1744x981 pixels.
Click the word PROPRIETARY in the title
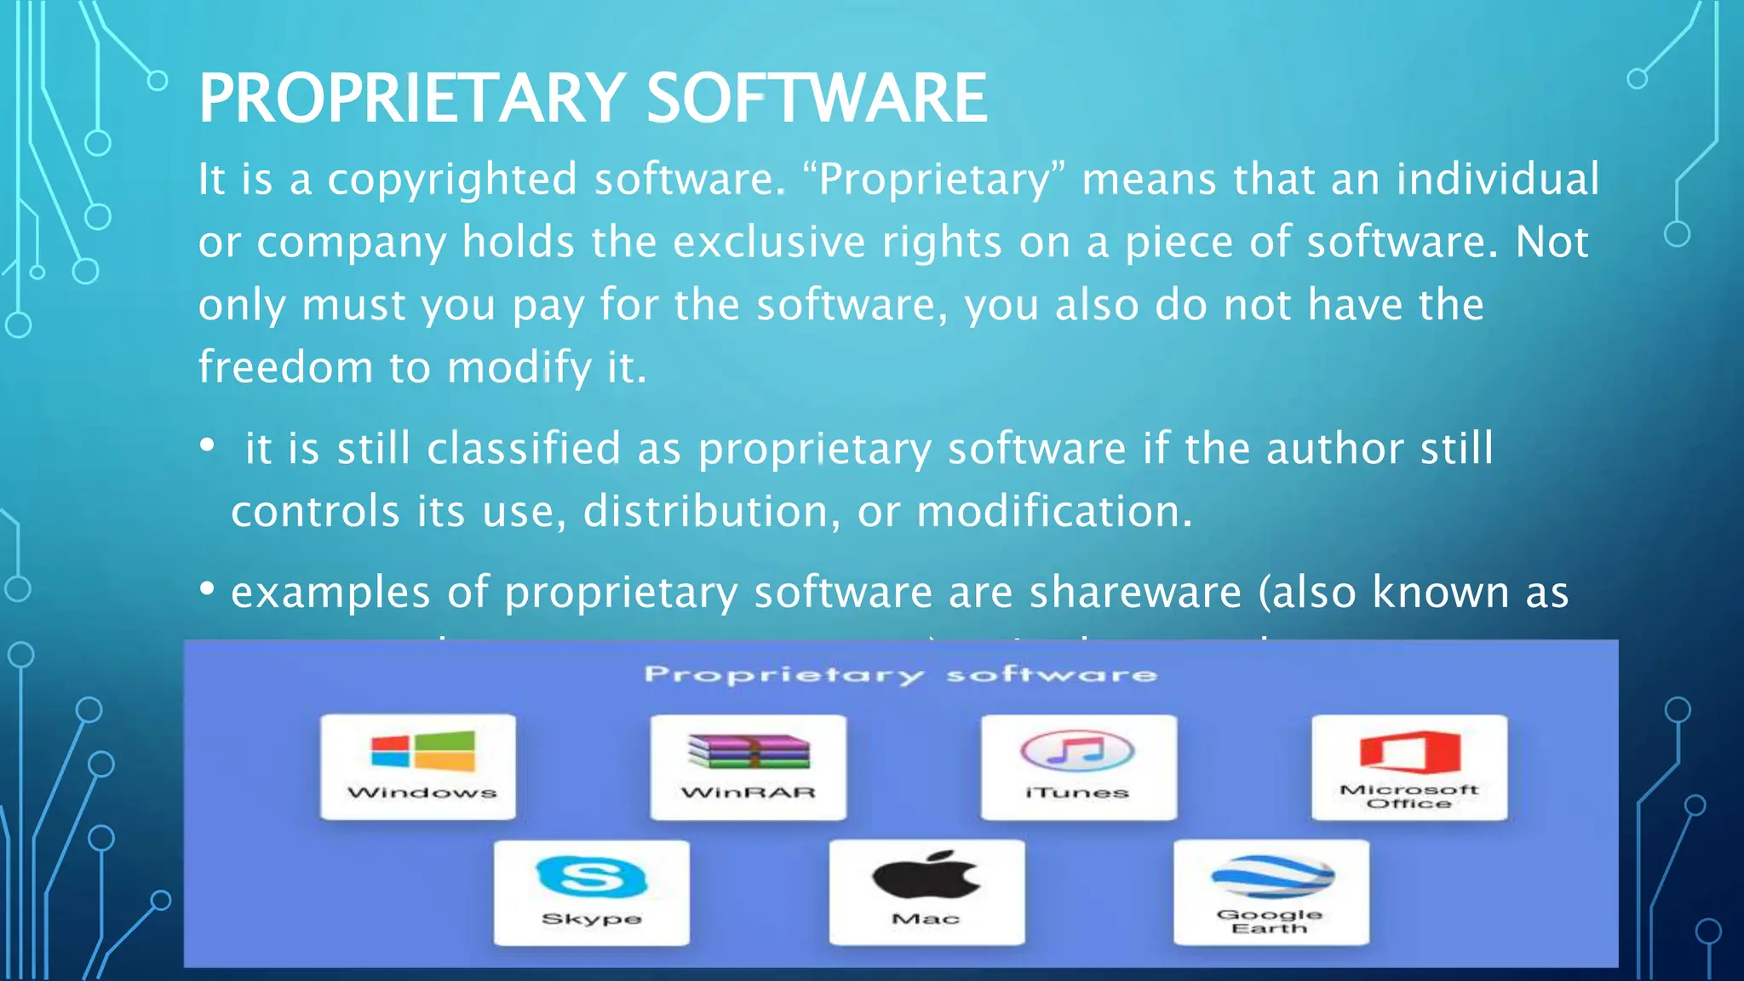(412, 99)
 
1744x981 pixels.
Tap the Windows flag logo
(422, 751)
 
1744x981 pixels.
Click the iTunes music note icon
(1077, 751)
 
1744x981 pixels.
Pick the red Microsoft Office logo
(1409, 750)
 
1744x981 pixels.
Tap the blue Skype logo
(591, 877)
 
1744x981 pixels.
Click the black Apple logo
(926, 875)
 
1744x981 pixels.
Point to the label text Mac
(926, 919)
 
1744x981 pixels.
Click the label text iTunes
(1077, 793)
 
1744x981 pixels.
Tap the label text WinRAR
(749, 793)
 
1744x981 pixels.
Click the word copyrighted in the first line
(452, 181)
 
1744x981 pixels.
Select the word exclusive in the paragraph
(768, 243)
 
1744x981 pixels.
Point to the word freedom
(285, 368)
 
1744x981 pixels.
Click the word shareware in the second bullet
(1135, 593)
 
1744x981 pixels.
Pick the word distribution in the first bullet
(704, 512)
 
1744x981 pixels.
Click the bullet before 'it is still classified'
(207, 445)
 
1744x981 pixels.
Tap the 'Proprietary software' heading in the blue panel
(900, 674)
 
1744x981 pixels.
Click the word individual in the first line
(1497, 180)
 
